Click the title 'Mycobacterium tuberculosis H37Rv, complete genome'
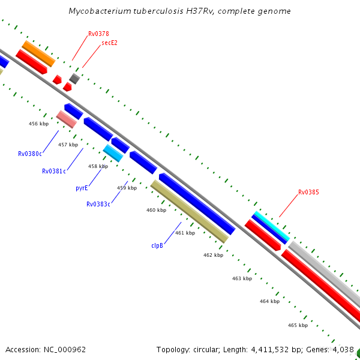[180, 11]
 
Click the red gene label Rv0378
[98, 34]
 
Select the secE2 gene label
[109, 43]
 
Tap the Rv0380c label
[30, 154]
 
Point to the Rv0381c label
[54, 171]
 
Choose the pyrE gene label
[82, 188]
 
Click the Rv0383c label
[98, 204]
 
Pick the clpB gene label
[158, 245]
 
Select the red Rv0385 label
[308, 193]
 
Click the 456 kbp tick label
[38, 124]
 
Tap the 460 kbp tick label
[156, 210]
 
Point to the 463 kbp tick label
[242, 278]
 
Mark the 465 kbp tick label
[298, 325]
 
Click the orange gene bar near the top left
[38, 53]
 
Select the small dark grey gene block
[74, 79]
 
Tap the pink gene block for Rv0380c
[66, 119]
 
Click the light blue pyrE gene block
[113, 153]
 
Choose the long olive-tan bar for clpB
[190, 211]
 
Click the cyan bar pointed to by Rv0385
[271, 226]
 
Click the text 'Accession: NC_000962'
[46, 349]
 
